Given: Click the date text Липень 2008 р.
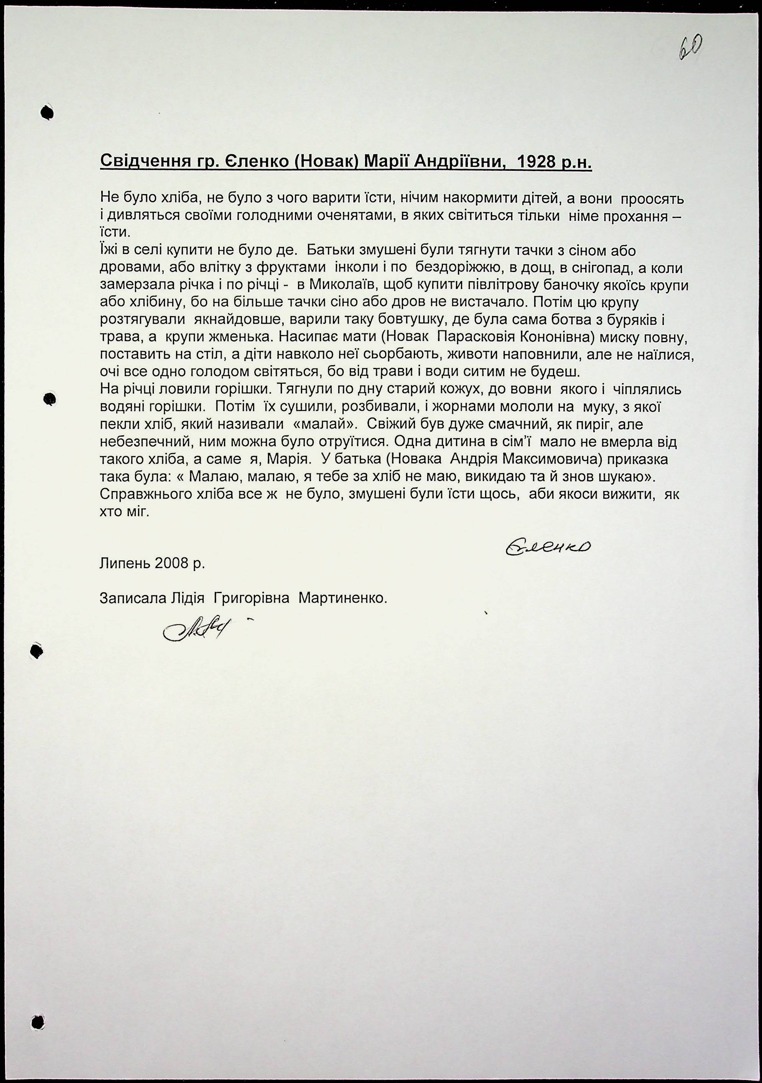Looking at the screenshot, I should (x=152, y=563).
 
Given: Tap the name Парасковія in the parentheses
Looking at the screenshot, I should (x=477, y=338).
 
